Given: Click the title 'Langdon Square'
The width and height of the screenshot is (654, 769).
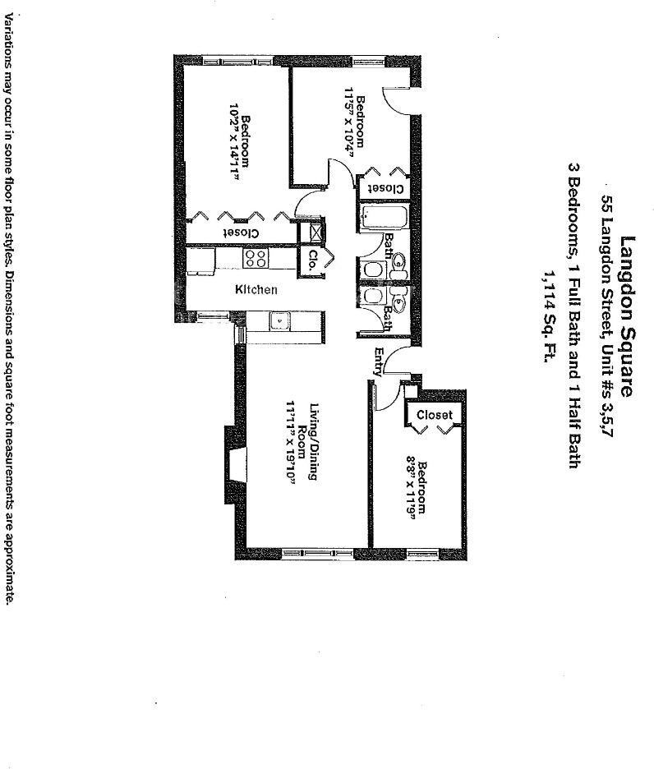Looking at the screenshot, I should [627, 316].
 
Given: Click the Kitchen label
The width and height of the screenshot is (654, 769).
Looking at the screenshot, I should [256, 289].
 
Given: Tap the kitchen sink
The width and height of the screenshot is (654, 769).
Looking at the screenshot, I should [280, 321].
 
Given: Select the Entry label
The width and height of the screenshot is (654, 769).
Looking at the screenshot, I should [379, 362].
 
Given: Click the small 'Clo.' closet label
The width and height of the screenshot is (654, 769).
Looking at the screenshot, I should [313, 261].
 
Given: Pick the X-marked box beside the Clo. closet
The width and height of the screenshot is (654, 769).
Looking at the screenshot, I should [313, 233].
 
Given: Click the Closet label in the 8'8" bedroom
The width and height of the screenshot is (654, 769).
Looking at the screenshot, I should [434, 415].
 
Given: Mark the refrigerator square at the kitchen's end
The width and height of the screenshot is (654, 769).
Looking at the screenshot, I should [200, 260].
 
